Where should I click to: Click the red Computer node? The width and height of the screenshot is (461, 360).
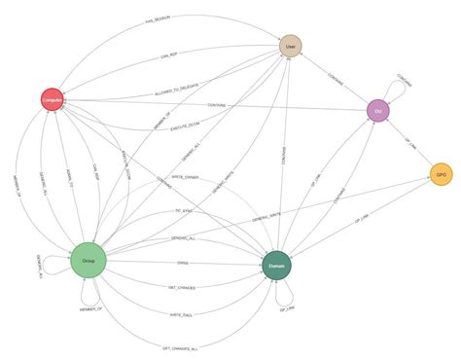[53, 99]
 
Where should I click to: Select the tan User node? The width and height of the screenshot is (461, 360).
[289, 46]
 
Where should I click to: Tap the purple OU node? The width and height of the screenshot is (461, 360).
[378, 111]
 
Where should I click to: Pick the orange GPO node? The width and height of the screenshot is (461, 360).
[441, 174]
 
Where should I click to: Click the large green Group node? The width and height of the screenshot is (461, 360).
[88, 260]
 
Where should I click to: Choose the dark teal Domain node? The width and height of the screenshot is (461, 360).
[276, 266]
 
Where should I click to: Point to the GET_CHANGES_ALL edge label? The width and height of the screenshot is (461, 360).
[181, 347]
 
